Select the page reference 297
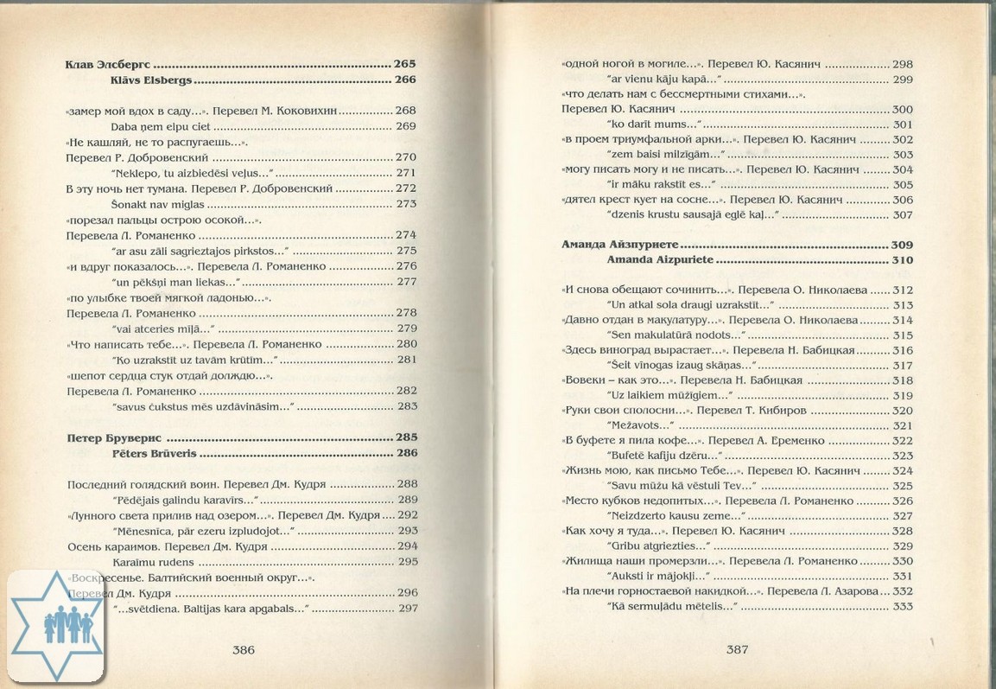tap(406, 608)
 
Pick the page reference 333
tap(902, 607)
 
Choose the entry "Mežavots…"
tap(642, 425)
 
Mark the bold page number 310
tap(902, 259)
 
